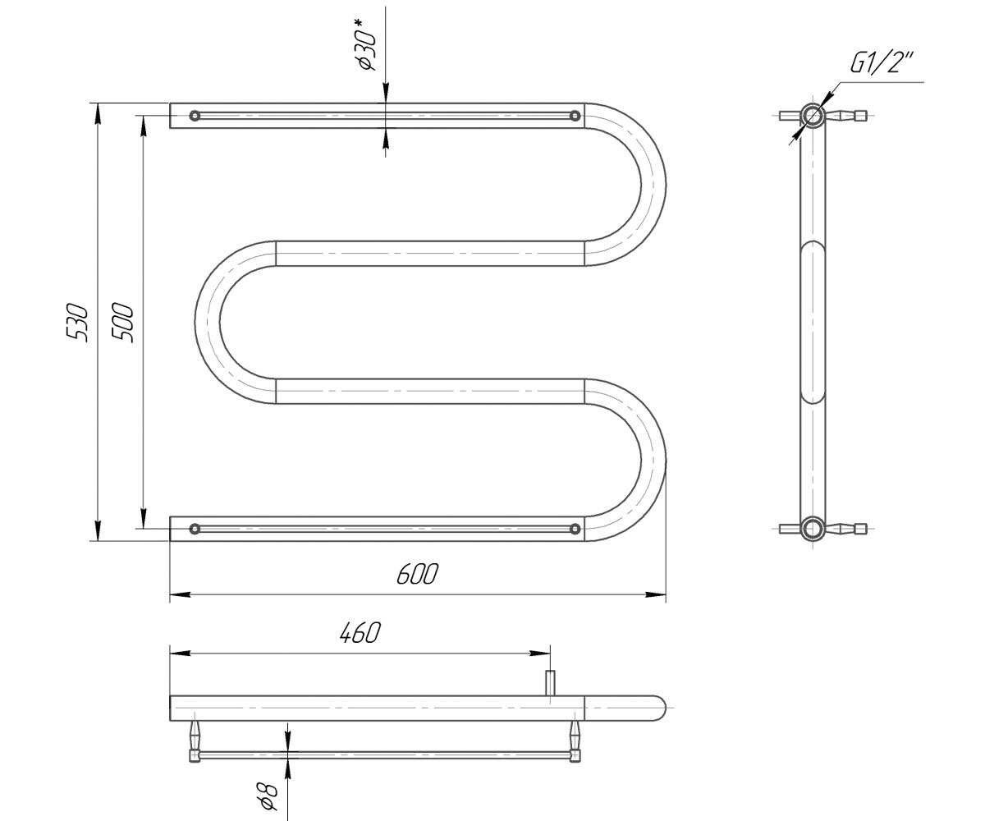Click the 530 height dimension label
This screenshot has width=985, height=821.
tap(77, 323)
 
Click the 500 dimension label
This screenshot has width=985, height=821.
tap(122, 323)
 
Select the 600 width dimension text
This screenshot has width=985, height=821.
tap(418, 574)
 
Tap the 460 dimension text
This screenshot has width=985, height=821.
tap(360, 633)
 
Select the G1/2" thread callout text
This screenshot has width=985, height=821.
tap(875, 62)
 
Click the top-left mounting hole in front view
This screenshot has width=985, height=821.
tap(195, 116)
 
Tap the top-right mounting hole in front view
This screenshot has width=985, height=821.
tap(575, 116)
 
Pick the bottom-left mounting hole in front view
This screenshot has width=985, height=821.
tap(195, 529)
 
